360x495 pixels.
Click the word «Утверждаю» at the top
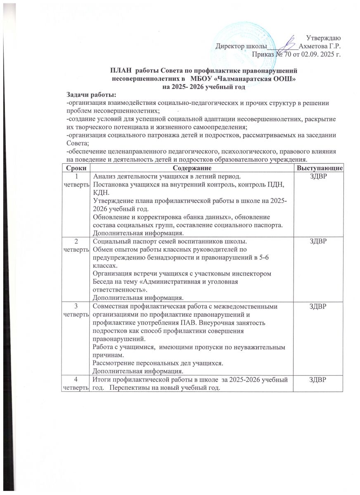click(324, 38)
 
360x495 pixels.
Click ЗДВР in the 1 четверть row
click(319, 177)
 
